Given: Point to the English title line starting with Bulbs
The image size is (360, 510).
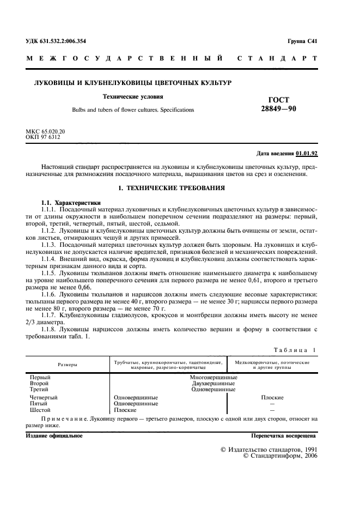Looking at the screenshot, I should coord(133,110).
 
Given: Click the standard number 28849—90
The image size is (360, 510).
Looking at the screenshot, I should coord(278,109).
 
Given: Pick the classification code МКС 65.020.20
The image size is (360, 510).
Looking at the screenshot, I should coord(45,132).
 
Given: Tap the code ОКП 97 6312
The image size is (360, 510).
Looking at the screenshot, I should coord(43,137).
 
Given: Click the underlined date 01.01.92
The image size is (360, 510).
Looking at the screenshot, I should coord(307,154).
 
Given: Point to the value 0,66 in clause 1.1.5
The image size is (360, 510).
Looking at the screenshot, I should coord(86,286).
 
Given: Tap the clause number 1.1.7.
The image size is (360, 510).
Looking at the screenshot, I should coord(50,314).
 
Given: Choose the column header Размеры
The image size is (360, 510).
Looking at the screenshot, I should coord(68,363).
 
